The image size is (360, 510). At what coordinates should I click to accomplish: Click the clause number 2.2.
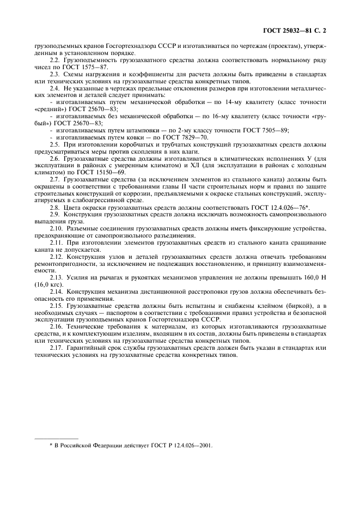point(55,59)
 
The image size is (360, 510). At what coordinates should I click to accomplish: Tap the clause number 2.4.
point(55,87)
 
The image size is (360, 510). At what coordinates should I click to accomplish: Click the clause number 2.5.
point(55,144)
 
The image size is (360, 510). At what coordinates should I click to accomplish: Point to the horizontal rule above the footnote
point(56,438)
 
